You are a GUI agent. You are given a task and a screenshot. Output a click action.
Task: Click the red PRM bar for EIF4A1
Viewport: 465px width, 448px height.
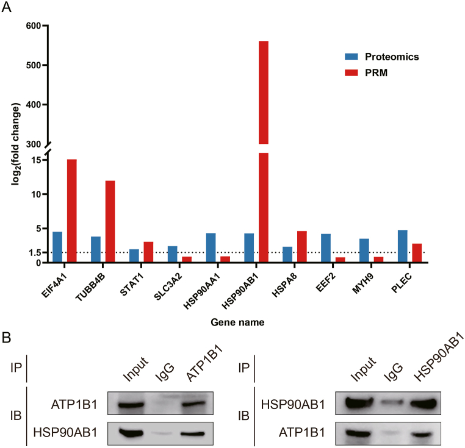tap(71, 211)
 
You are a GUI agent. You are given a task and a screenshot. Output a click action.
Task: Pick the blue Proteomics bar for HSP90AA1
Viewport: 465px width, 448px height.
tap(211, 248)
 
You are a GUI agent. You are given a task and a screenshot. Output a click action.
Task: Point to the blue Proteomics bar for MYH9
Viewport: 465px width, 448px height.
tap(364, 251)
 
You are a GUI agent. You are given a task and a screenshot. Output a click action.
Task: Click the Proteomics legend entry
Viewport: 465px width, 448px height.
tap(391, 57)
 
